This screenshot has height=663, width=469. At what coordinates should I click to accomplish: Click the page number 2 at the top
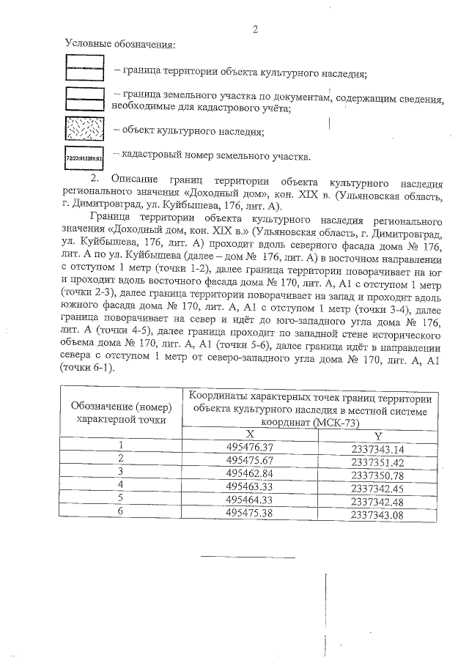coord(255,29)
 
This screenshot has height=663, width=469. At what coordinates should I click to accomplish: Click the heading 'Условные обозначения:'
coord(120,46)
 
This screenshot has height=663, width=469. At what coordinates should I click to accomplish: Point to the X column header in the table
coord(250,434)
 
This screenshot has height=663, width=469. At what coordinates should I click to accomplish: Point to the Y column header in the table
coord(377,434)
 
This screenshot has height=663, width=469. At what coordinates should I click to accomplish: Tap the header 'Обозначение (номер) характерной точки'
coord(121,412)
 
